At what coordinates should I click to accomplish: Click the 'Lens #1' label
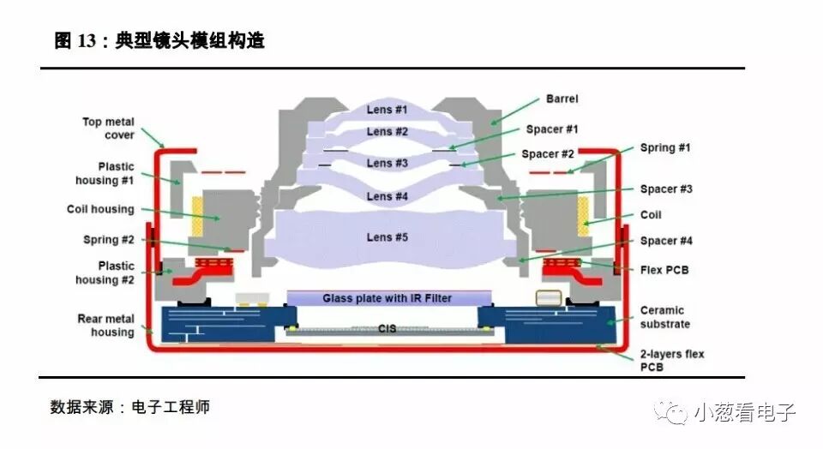(387, 111)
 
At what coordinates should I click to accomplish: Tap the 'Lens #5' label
(387, 236)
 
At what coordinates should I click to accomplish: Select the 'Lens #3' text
(387, 163)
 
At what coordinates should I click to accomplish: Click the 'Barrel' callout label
(562, 99)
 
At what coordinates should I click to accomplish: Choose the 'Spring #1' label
(665, 148)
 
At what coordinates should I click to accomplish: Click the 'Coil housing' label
(100, 209)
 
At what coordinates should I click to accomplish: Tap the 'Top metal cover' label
(108, 129)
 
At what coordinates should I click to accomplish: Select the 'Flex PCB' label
(664, 270)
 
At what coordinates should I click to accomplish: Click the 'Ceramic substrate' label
(664, 317)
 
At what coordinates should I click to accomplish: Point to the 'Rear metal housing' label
(106, 326)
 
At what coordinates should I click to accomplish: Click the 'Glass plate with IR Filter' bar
(387, 298)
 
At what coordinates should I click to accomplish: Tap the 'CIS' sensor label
(387, 328)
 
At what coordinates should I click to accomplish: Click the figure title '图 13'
(74, 41)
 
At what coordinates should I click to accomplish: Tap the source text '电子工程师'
(171, 407)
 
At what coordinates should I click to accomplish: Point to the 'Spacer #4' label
(665, 241)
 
